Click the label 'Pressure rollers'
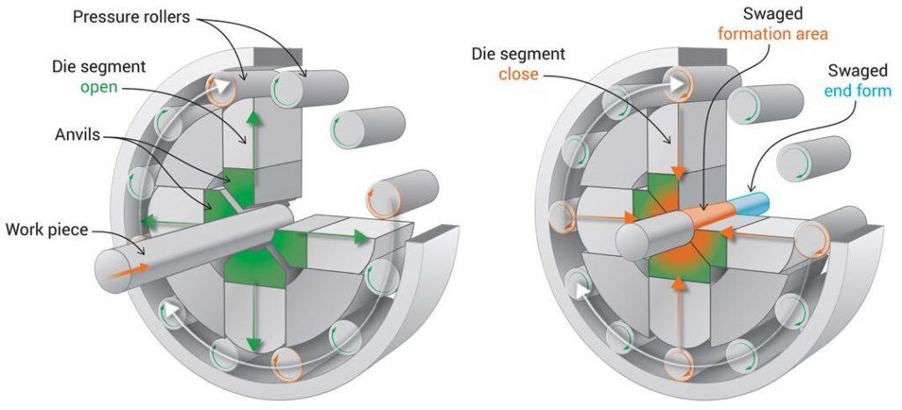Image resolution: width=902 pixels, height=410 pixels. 131,17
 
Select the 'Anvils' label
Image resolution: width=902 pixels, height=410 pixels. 78,135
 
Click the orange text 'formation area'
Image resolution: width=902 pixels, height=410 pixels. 772,34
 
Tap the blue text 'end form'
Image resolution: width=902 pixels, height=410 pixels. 860,90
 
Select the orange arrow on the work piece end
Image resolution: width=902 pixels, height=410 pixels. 125,270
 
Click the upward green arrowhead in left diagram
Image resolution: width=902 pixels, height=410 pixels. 251,117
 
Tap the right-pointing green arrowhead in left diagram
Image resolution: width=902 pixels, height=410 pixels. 361,237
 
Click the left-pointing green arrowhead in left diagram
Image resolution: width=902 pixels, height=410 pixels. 148,221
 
